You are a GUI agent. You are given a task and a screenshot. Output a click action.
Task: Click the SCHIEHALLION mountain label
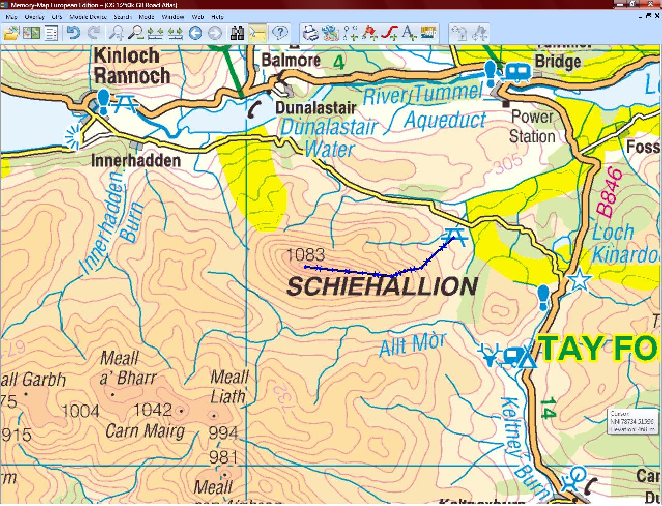point(382,286)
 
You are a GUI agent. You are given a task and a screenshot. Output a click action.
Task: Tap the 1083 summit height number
point(306,255)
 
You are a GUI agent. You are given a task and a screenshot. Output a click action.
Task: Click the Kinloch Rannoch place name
point(132,65)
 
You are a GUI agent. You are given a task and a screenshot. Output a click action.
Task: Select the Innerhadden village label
point(136,161)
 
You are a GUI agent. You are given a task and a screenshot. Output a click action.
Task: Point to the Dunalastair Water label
point(329,138)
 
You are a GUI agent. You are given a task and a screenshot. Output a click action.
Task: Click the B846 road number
point(609,192)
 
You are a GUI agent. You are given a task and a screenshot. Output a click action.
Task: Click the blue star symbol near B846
point(580,281)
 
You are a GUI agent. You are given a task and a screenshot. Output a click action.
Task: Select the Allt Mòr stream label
point(412,344)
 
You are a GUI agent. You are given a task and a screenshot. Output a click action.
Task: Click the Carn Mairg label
point(145,431)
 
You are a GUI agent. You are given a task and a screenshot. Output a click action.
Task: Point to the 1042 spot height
point(152,410)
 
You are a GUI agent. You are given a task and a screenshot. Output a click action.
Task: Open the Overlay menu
point(35,17)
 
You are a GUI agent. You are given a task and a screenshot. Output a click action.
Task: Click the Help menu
point(218,17)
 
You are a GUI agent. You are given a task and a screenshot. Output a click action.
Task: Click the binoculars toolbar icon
point(238,34)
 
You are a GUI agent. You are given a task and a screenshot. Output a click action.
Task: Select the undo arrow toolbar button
point(73,34)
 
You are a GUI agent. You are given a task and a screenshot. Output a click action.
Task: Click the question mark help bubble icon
point(280,34)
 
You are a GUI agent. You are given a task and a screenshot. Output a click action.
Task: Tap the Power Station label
point(532,127)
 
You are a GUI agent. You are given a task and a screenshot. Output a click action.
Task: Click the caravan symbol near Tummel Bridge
point(517,71)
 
